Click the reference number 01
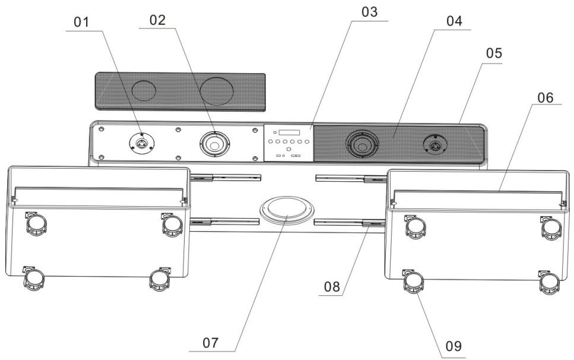click(83, 23)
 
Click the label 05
click(494, 53)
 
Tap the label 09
click(452, 345)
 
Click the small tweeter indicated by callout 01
click(142, 143)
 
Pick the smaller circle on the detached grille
click(143, 90)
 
